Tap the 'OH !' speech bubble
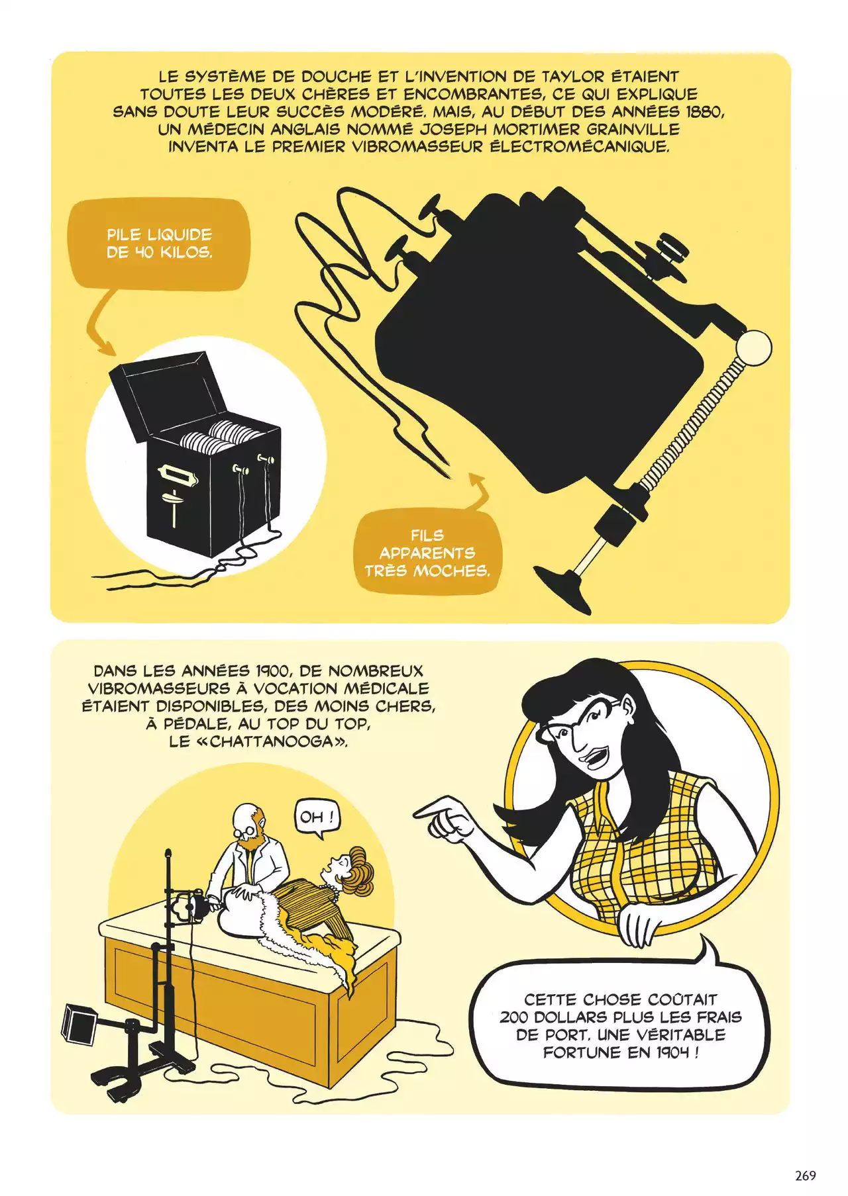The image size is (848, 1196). pyautogui.click(x=317, y=818)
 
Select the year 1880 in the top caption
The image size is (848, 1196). pyautogui.click(x=702, y=111)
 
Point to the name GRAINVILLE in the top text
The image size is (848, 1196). pyautogui.click(x=633, y=129)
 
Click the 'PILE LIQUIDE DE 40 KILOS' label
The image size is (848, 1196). pyautogui.click(x=159, y=244)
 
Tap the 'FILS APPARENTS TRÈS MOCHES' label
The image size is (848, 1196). pyautogui.click(x=427, y=553)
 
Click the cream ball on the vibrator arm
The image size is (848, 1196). pyautogui.click(x=754, y=347)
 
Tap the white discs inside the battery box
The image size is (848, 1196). pyautogui.click(x=219, y=437)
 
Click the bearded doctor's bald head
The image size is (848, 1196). pyautogui.click(x=246, y=815)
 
